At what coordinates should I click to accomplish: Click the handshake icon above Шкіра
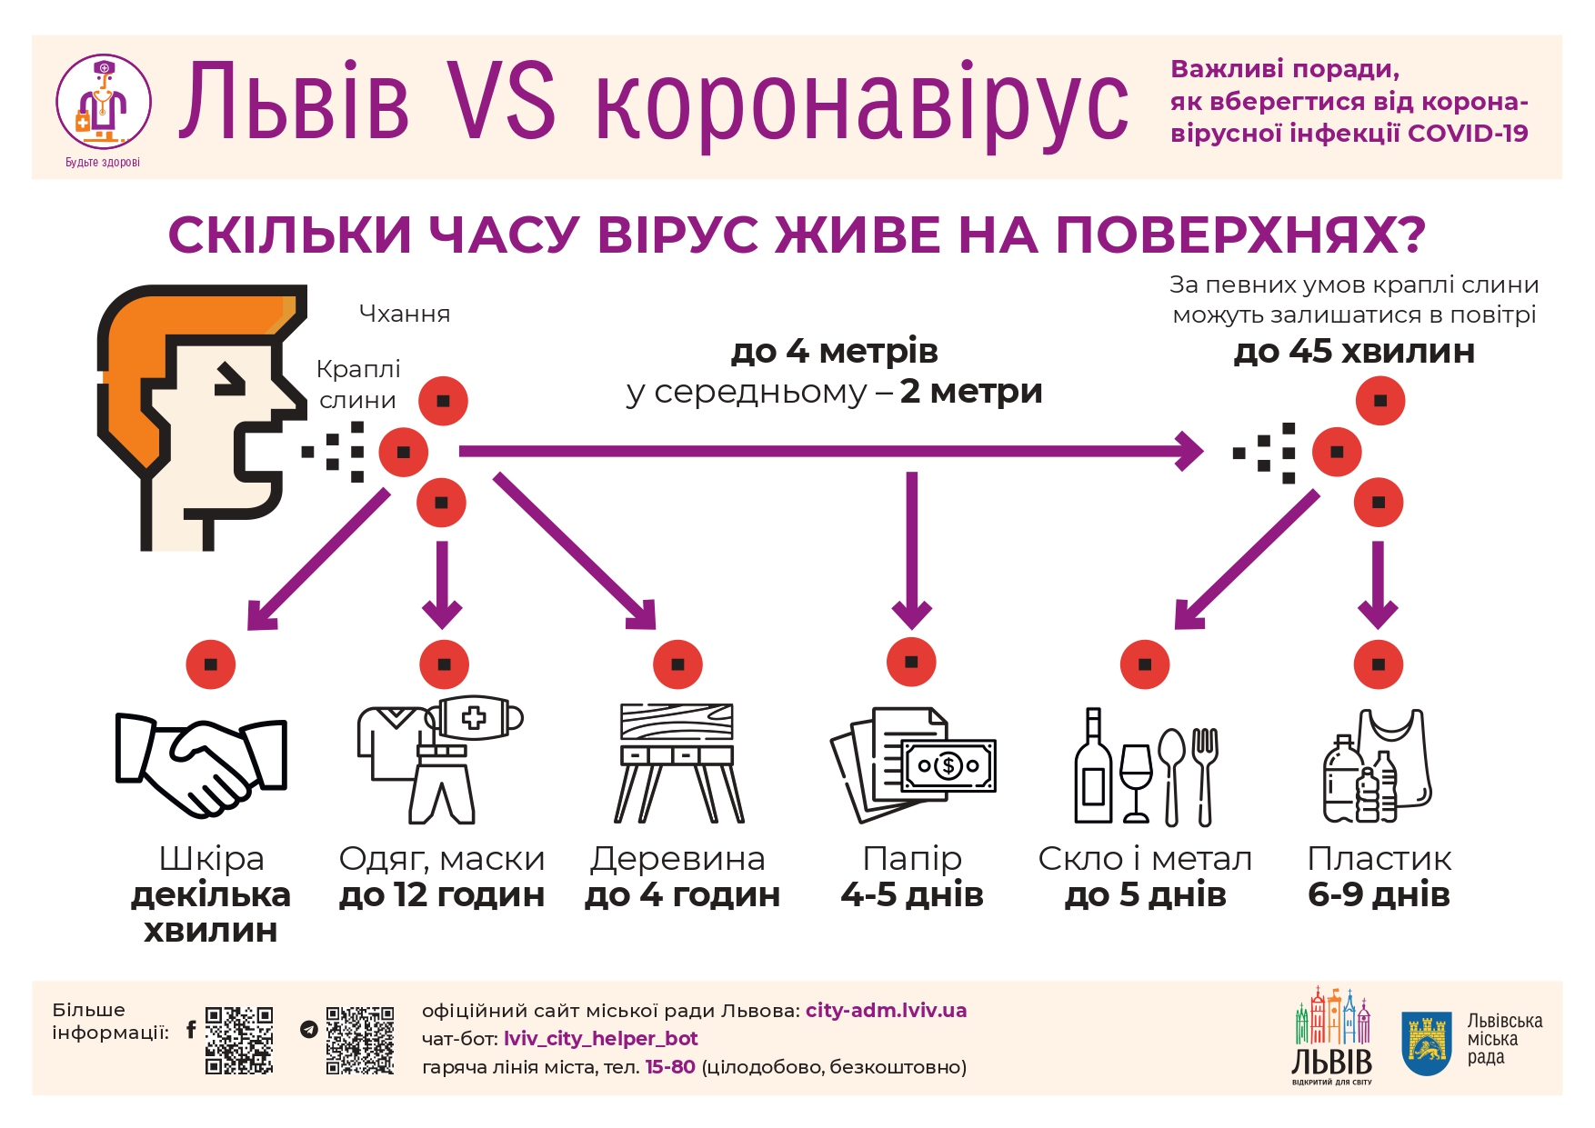201,764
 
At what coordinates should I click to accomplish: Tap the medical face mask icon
474,718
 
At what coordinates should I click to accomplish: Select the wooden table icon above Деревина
677,763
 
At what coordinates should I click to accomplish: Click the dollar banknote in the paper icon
948,765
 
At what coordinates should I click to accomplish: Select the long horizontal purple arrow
831,451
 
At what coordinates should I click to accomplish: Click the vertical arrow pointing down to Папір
912,551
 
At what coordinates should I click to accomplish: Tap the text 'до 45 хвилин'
1354,351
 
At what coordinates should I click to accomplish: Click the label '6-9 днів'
1379,894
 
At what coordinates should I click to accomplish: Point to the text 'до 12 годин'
442,895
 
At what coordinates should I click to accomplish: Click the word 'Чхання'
405,314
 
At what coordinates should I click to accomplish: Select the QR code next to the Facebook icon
239,1040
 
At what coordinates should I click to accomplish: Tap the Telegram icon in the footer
309,1030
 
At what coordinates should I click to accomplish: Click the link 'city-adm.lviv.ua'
886,1010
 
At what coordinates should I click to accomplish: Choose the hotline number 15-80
670,1066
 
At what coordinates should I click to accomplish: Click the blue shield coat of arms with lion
1426,1043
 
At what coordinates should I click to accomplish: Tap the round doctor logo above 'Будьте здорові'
103,102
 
